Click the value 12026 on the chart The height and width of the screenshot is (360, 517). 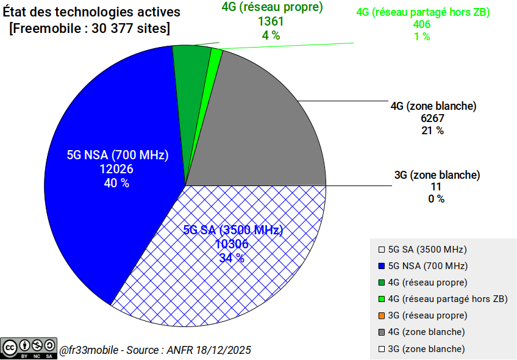click(117, 169)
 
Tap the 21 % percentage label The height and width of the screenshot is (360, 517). click(432, 131)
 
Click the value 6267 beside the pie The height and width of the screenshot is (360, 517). click(432, 118)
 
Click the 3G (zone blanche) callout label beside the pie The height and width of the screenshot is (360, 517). click(437, 175)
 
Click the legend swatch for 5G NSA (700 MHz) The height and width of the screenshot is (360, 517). click(382, 266)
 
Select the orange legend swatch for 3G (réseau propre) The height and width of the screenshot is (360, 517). click(382, 315)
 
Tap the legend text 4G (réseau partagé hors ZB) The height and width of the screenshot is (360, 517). click(447, 299)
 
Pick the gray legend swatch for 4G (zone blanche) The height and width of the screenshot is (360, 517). click(382, 332)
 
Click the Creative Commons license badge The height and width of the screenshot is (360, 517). click(29, 348)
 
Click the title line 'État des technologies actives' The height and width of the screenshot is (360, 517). click(91, 12)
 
